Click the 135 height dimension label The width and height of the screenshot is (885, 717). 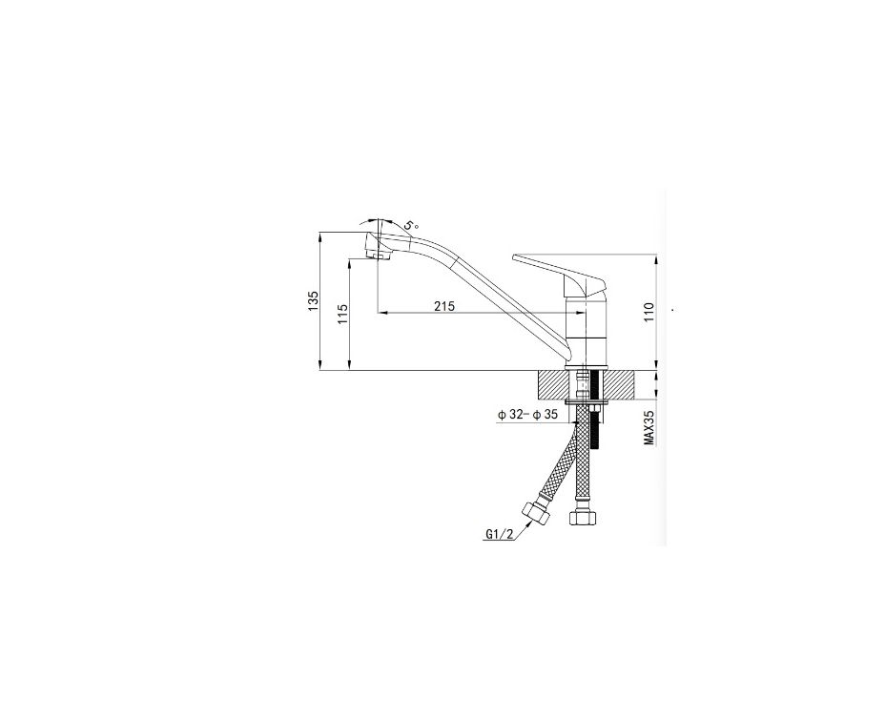click(313, 301)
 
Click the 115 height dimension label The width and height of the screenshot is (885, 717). click(343, 315)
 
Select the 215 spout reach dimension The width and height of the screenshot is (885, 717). click(444, 306)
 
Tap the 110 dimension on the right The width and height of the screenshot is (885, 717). click(648, 313)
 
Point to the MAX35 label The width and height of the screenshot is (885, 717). click(649, 427)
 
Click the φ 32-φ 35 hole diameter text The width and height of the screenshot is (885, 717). click(527, 415)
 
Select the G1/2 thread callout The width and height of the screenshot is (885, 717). click(500, 534)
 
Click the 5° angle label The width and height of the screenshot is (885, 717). click(411, 225)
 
